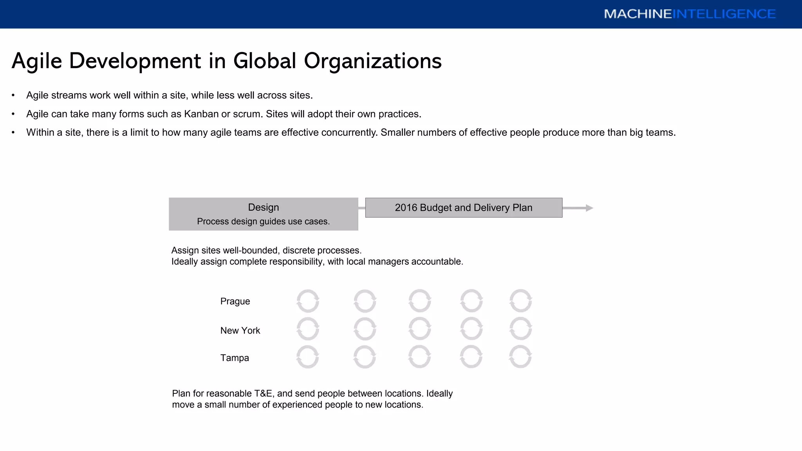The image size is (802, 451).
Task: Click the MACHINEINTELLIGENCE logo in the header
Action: [690, 14]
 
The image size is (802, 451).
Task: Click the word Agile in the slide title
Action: [37, 61]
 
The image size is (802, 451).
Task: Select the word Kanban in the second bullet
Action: [201, 114]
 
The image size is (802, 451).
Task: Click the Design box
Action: [264, 214]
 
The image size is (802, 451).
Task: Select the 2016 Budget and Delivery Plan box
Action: [464, 207]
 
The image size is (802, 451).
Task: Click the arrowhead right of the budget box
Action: [589, 208]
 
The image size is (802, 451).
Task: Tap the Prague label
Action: [235, 301]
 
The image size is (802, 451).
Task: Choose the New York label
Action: [240, 330]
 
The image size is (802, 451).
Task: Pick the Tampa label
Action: [235, 358]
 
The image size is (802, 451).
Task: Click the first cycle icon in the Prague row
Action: [308, 301]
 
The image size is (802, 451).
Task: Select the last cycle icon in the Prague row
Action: [520, 301]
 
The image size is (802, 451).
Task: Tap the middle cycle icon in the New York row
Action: [420, 328]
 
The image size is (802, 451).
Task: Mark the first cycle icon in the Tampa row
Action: [308, 357]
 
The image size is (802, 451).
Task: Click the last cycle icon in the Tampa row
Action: [520, 357]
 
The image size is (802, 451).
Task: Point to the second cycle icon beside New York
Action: [365, 328]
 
